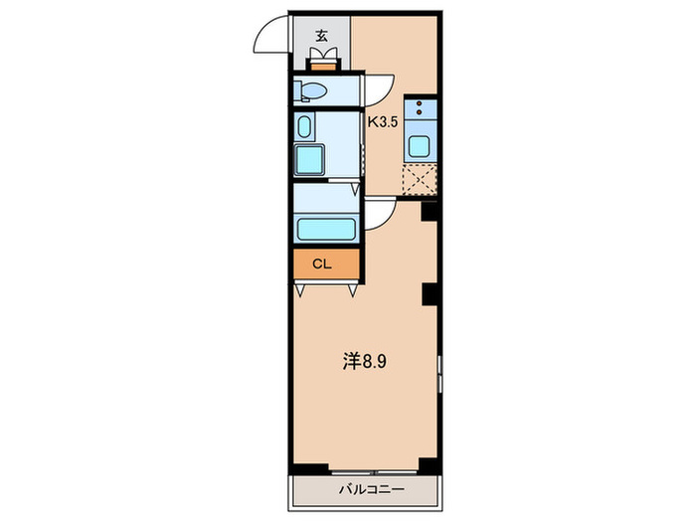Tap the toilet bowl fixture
point(309,91)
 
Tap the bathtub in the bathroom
point(325,229)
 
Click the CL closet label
point(321,264)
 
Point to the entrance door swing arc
point(270,38)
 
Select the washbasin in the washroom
point(305,126)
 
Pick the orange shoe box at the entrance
point(323,66)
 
